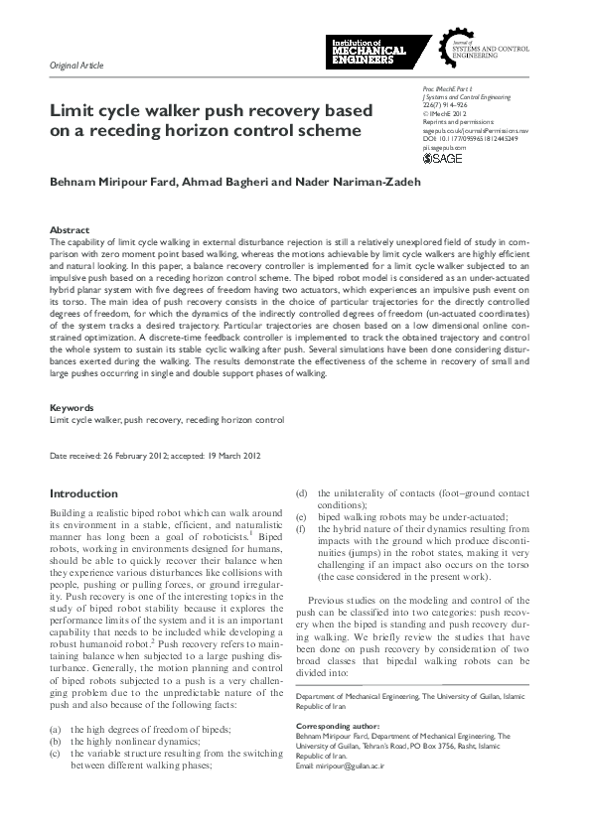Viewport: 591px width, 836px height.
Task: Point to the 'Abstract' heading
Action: point(70,229)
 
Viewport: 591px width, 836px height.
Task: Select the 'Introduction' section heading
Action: point(83,493)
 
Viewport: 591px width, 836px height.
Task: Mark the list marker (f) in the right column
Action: point(302,529)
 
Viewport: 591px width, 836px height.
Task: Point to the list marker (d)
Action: point(302,492)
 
